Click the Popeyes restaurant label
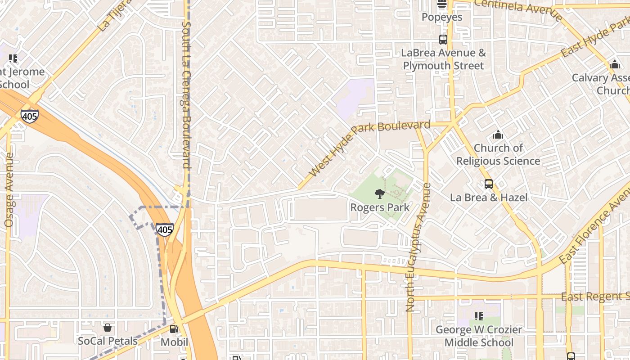[442, 17]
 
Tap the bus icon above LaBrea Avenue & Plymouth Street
[443, 40]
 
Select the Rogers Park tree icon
[380, 194]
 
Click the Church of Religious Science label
[498, 154]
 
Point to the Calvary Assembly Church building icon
[615, 64]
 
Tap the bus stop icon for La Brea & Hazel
[489, 184]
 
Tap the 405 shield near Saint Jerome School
[29, 116]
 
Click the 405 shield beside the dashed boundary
[165, 229]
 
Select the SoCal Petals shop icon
[107, 328]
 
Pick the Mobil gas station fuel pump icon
[175, 329]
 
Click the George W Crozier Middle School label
[478, 336]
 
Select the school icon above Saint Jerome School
[13, 58]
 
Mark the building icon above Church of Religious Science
[498, 135]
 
